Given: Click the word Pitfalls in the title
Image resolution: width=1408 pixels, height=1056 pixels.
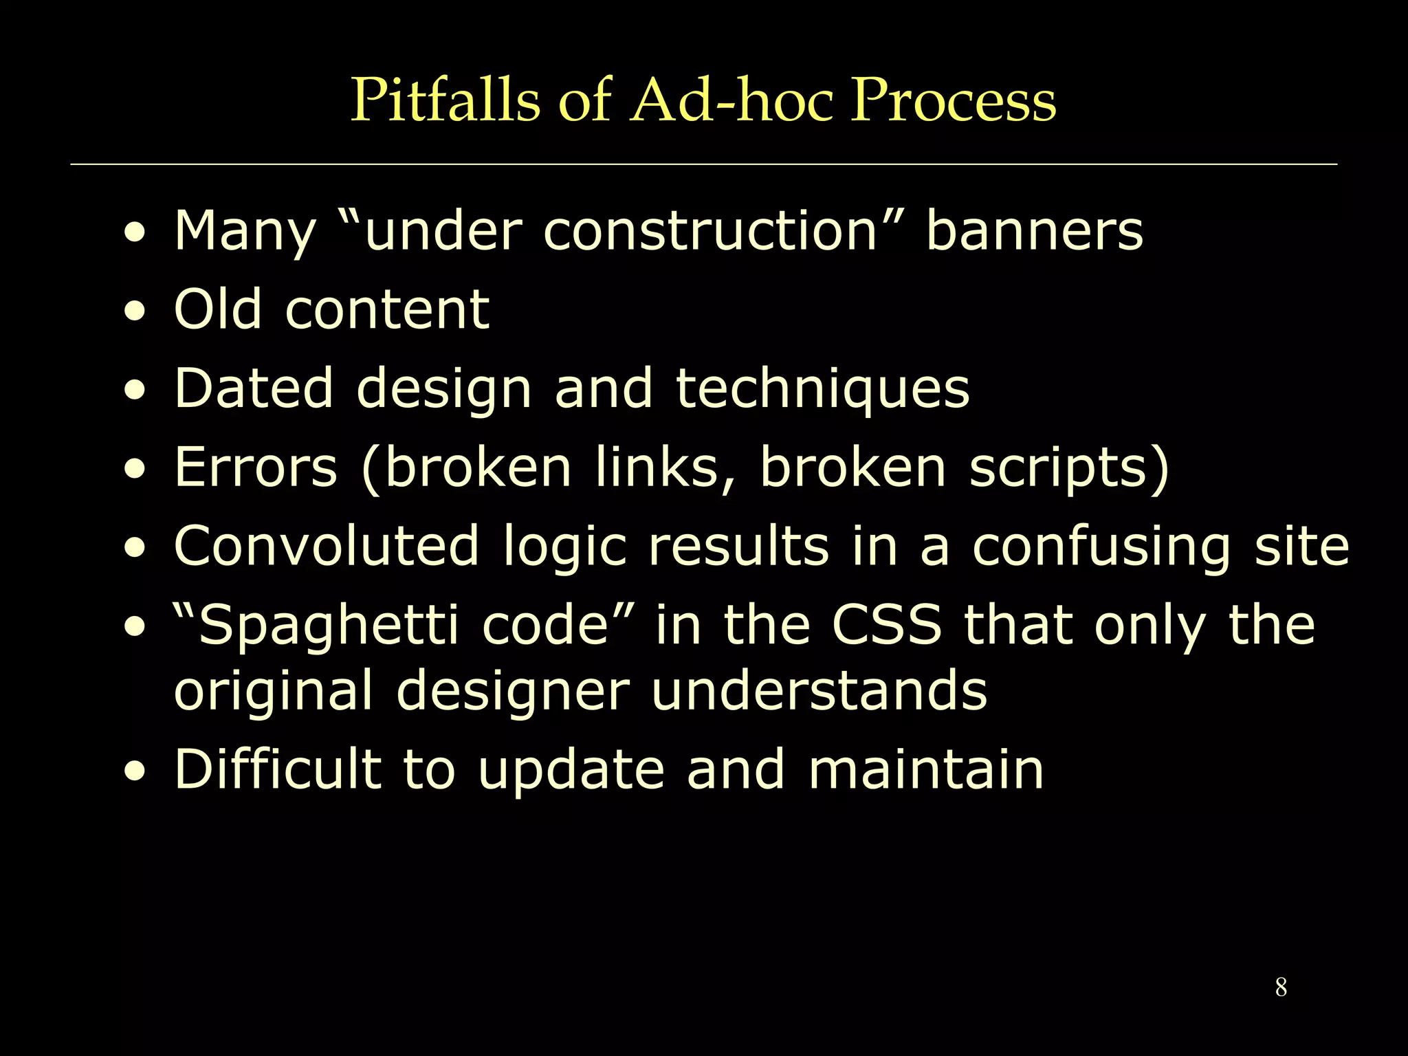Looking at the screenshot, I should [x=445, y=100].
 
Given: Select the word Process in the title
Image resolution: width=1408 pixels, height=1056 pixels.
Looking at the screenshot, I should [x=953, y=100].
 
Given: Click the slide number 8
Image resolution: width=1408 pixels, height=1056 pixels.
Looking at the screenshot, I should [x=1281, y=987].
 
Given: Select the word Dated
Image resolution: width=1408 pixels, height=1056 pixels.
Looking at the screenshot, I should [x=254, y=388].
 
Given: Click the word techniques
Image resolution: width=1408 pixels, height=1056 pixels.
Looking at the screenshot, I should [x=822, y=389].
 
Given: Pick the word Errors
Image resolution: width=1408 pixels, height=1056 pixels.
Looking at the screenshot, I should [x=255, y=467].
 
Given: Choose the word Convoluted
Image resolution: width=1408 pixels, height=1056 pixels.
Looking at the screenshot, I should [x=326, y=546].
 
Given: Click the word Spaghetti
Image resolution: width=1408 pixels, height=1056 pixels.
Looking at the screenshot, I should [x=327, y=626].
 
